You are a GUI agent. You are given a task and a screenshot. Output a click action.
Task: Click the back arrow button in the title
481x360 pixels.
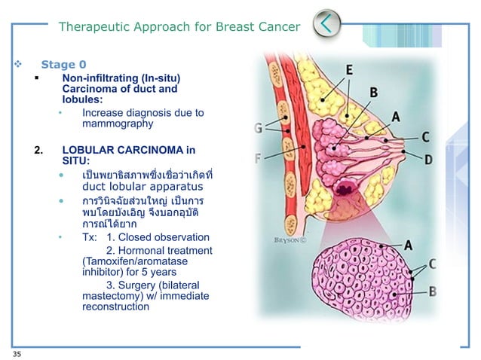pyautogui.click(x=326, y=24)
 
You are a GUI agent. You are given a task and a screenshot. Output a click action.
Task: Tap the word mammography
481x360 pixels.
pyautogui.click(x=118, y=124)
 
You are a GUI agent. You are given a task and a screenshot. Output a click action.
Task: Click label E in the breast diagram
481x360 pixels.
pyautogui.click(x=349, y=70)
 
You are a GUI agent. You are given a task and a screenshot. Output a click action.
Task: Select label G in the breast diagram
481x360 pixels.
pyautogui.click(x=261, y=128)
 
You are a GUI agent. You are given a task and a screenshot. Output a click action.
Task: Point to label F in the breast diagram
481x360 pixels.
pyautogui.click(x=260, y=158)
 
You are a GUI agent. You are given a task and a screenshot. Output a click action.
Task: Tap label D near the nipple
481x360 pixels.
pyautogui.click(x=427, y=159)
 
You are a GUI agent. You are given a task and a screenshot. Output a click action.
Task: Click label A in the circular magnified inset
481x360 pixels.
pyautogui.click(x=407, y=245)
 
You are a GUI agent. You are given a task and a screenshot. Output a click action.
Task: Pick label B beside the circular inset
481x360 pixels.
pyautogui.click(x=433, y=291)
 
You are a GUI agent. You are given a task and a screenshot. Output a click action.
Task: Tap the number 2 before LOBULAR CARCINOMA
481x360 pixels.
pyautogui.click(x=38, y=149)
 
